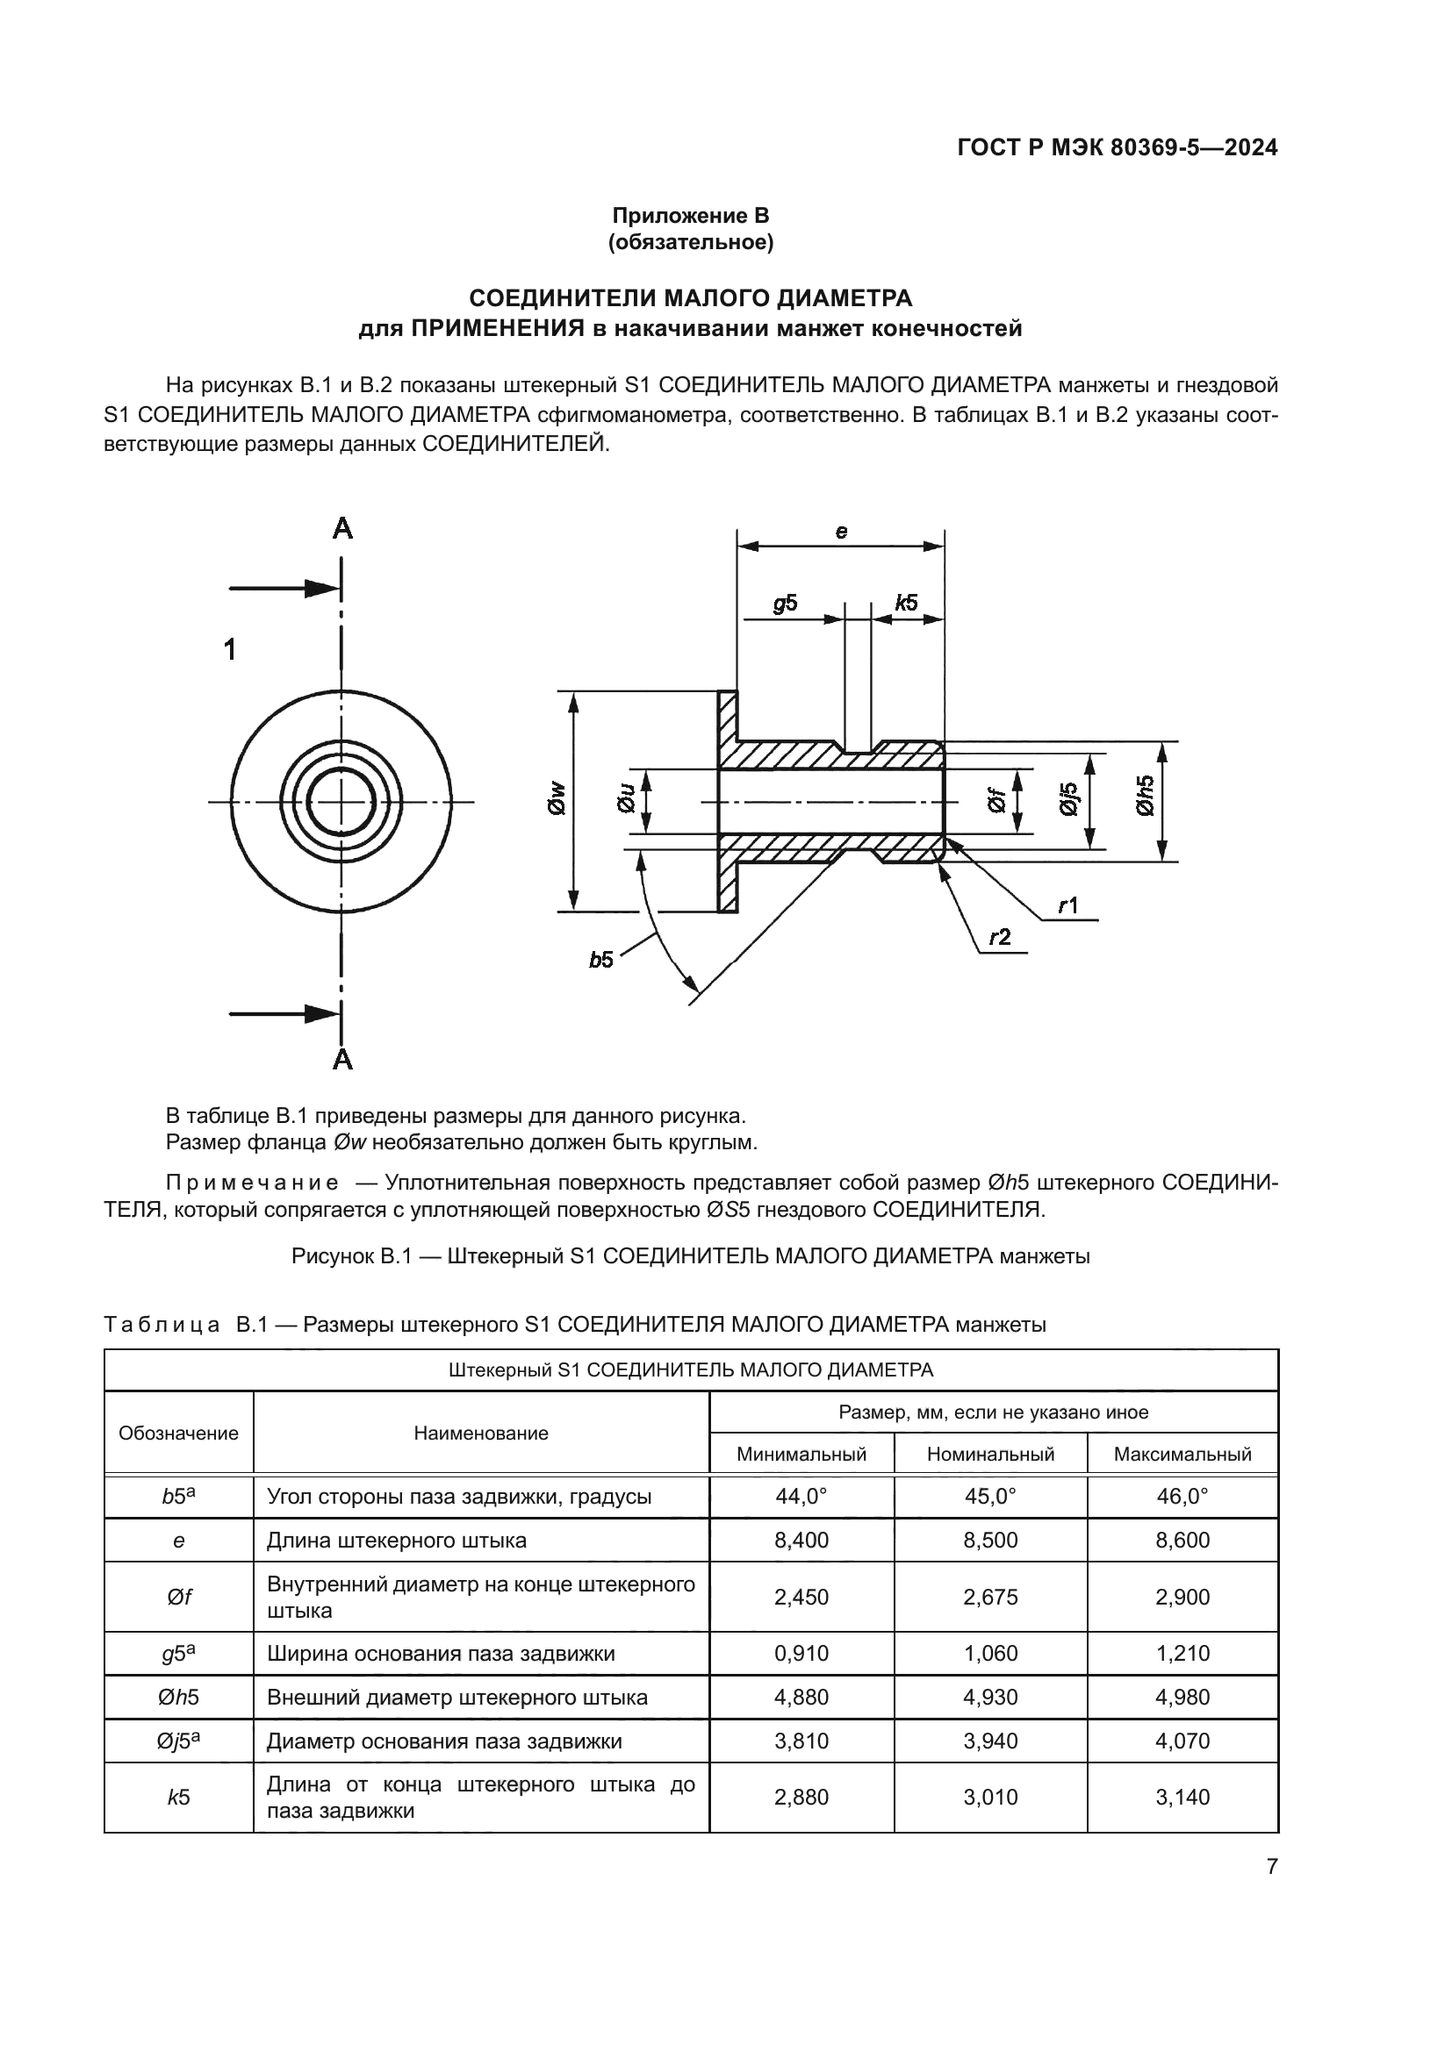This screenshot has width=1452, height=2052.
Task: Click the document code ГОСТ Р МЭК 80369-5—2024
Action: (1117, 147)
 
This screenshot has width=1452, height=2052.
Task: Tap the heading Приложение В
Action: (690, 216)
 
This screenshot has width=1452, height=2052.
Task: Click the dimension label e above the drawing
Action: (841, 532)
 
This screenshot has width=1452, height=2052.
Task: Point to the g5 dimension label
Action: (785, 604)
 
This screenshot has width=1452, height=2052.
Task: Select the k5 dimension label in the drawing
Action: (907, 603)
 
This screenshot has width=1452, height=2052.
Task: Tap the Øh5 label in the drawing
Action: (1146, 795)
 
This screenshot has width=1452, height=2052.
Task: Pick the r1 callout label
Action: (1067, 906)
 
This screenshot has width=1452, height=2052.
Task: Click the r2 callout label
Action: (1000, 938)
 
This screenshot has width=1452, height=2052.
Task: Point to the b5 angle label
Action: (600, 960)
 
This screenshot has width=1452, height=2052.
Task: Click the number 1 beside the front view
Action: (230, 650)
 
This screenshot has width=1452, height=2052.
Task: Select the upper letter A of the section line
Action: (342, 529)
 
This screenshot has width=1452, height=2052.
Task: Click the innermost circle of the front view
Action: (341, 802)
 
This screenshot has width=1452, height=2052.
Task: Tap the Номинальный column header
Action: (989, 1454)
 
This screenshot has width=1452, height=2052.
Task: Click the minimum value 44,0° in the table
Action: (801, 1496)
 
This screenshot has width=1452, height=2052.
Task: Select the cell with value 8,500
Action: (989, 1540)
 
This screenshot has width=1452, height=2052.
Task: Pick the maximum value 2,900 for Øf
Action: (1182, 1597)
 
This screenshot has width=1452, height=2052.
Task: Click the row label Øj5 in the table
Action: (178, 1741)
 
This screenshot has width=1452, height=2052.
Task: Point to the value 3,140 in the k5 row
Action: (1182, 1798)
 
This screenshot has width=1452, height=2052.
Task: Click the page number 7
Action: (1271, 1866)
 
